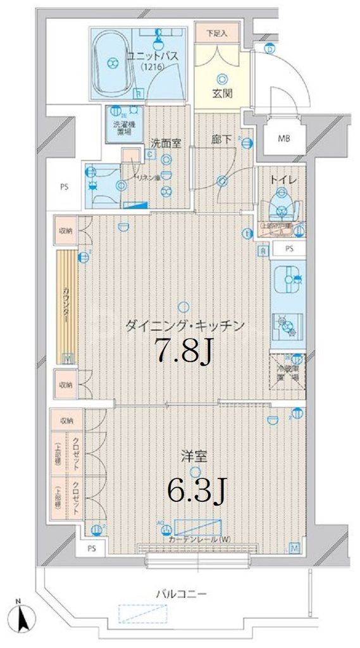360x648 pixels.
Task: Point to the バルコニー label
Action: click(182, 594)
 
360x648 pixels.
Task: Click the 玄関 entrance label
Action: click(221, 94)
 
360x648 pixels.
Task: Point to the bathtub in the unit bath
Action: click(112, 62)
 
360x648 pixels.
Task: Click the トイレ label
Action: click(279, 180)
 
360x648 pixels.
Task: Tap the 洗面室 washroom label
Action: click(166, 144)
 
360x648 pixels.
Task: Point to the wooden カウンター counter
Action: click(66, 307)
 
